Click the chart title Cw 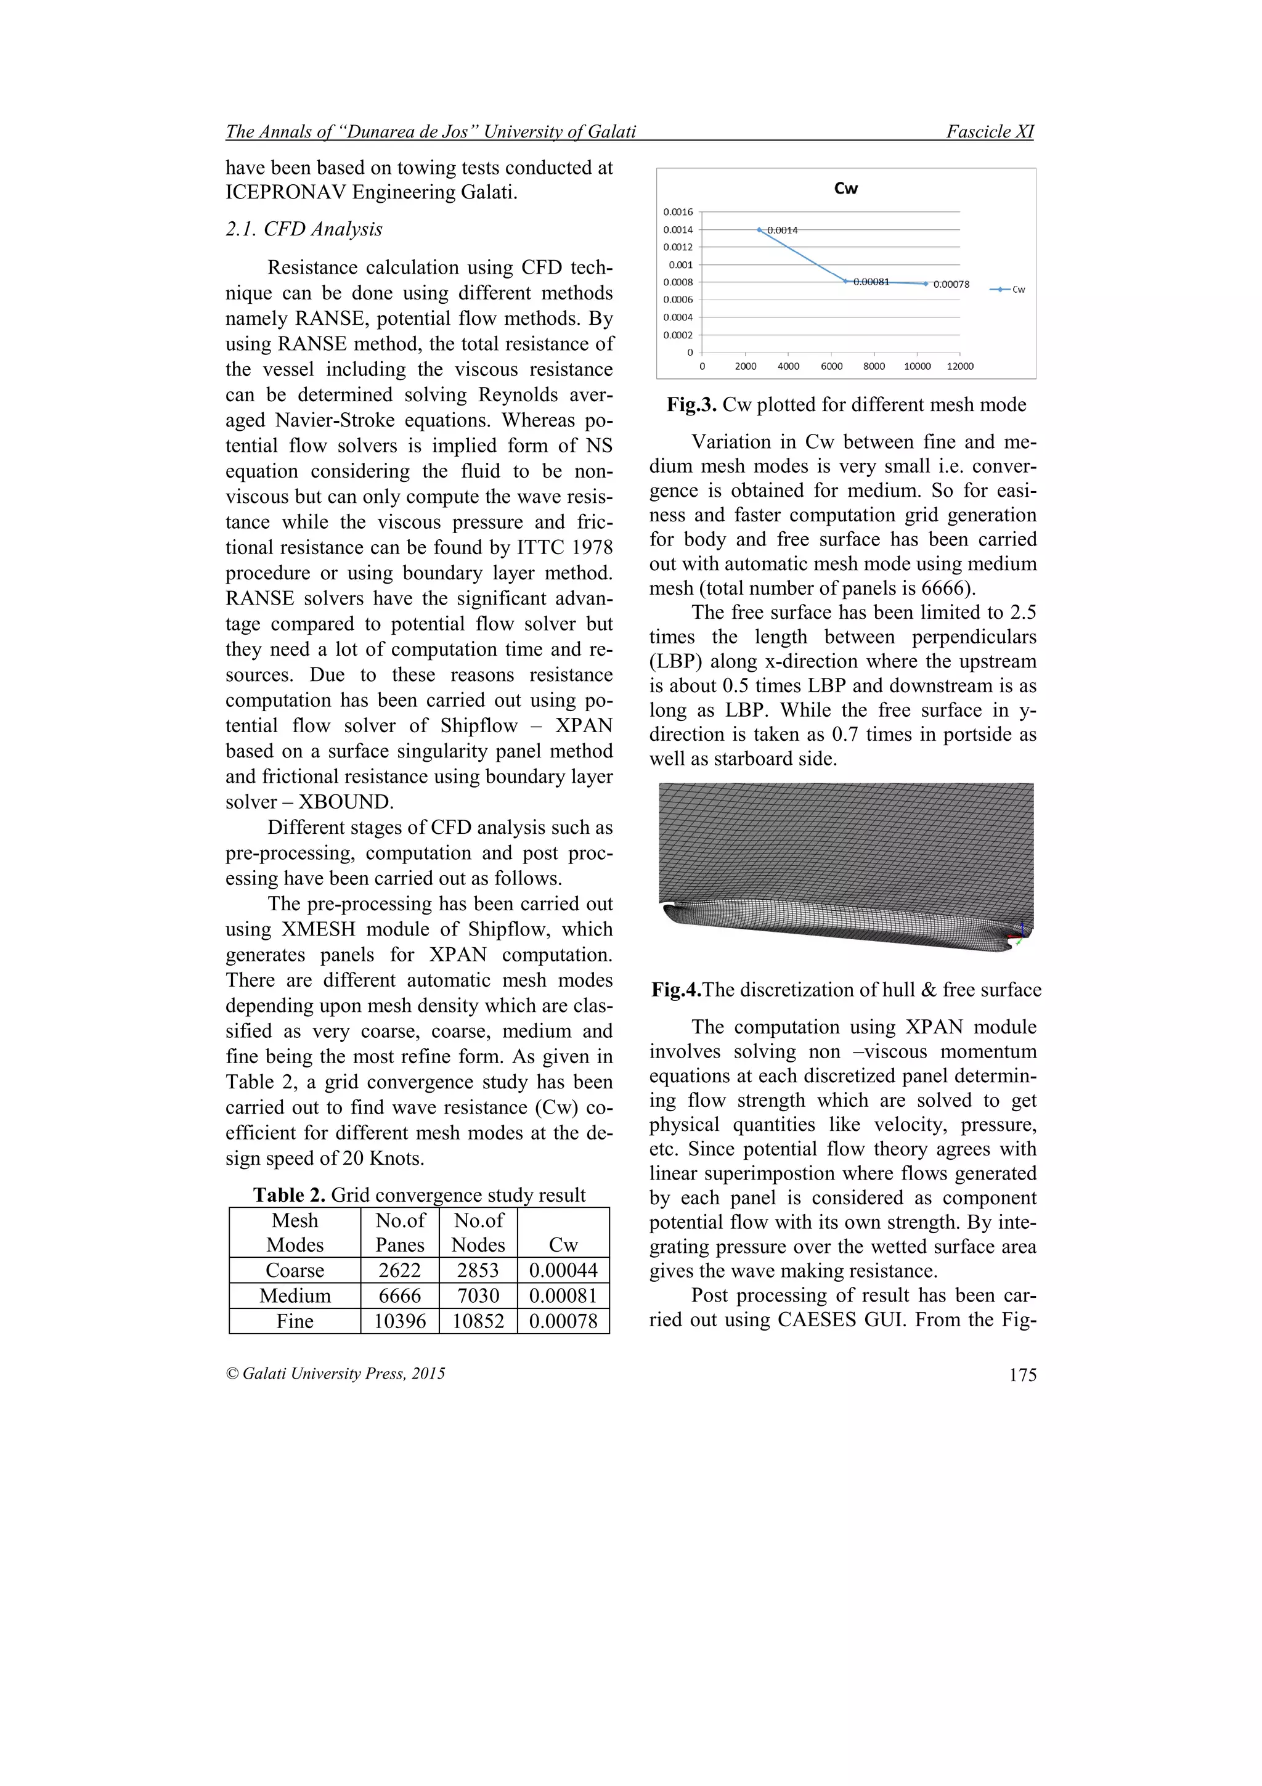(x=845, y=188)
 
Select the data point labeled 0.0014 (x=759, y=229)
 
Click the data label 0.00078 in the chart (x=951, y=285)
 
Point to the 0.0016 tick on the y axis (x=677, y=211)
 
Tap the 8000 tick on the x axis (x=873, y=366)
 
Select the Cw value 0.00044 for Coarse (x=563, y=1270)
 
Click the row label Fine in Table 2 (x=295, y=1321)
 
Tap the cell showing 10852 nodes (x=478, y=1321)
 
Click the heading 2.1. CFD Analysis (x=304, y=229)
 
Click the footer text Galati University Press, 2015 (x=343, y=1373)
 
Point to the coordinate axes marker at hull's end (x=1020, y=935)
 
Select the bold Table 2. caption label (x=288, y=1195)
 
